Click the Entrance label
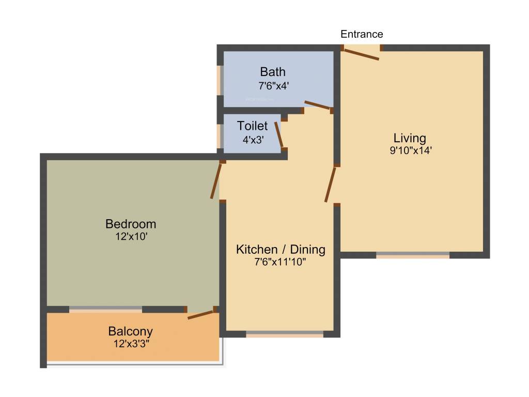click(362, 34)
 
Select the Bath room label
click(273, 71)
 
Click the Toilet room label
click(253, 126)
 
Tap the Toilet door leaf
click(279, 135)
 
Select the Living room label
click(410, 138)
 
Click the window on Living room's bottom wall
click(412, 255)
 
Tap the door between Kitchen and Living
click(330, 185)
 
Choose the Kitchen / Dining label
click(281, 250)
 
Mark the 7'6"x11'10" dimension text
click(281, 263)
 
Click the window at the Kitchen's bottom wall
click(285, 334)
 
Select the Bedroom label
click(131, 224)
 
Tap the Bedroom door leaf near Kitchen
click(216, 181)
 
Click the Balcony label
click(130, 331)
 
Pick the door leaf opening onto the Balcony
click(200, 314)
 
